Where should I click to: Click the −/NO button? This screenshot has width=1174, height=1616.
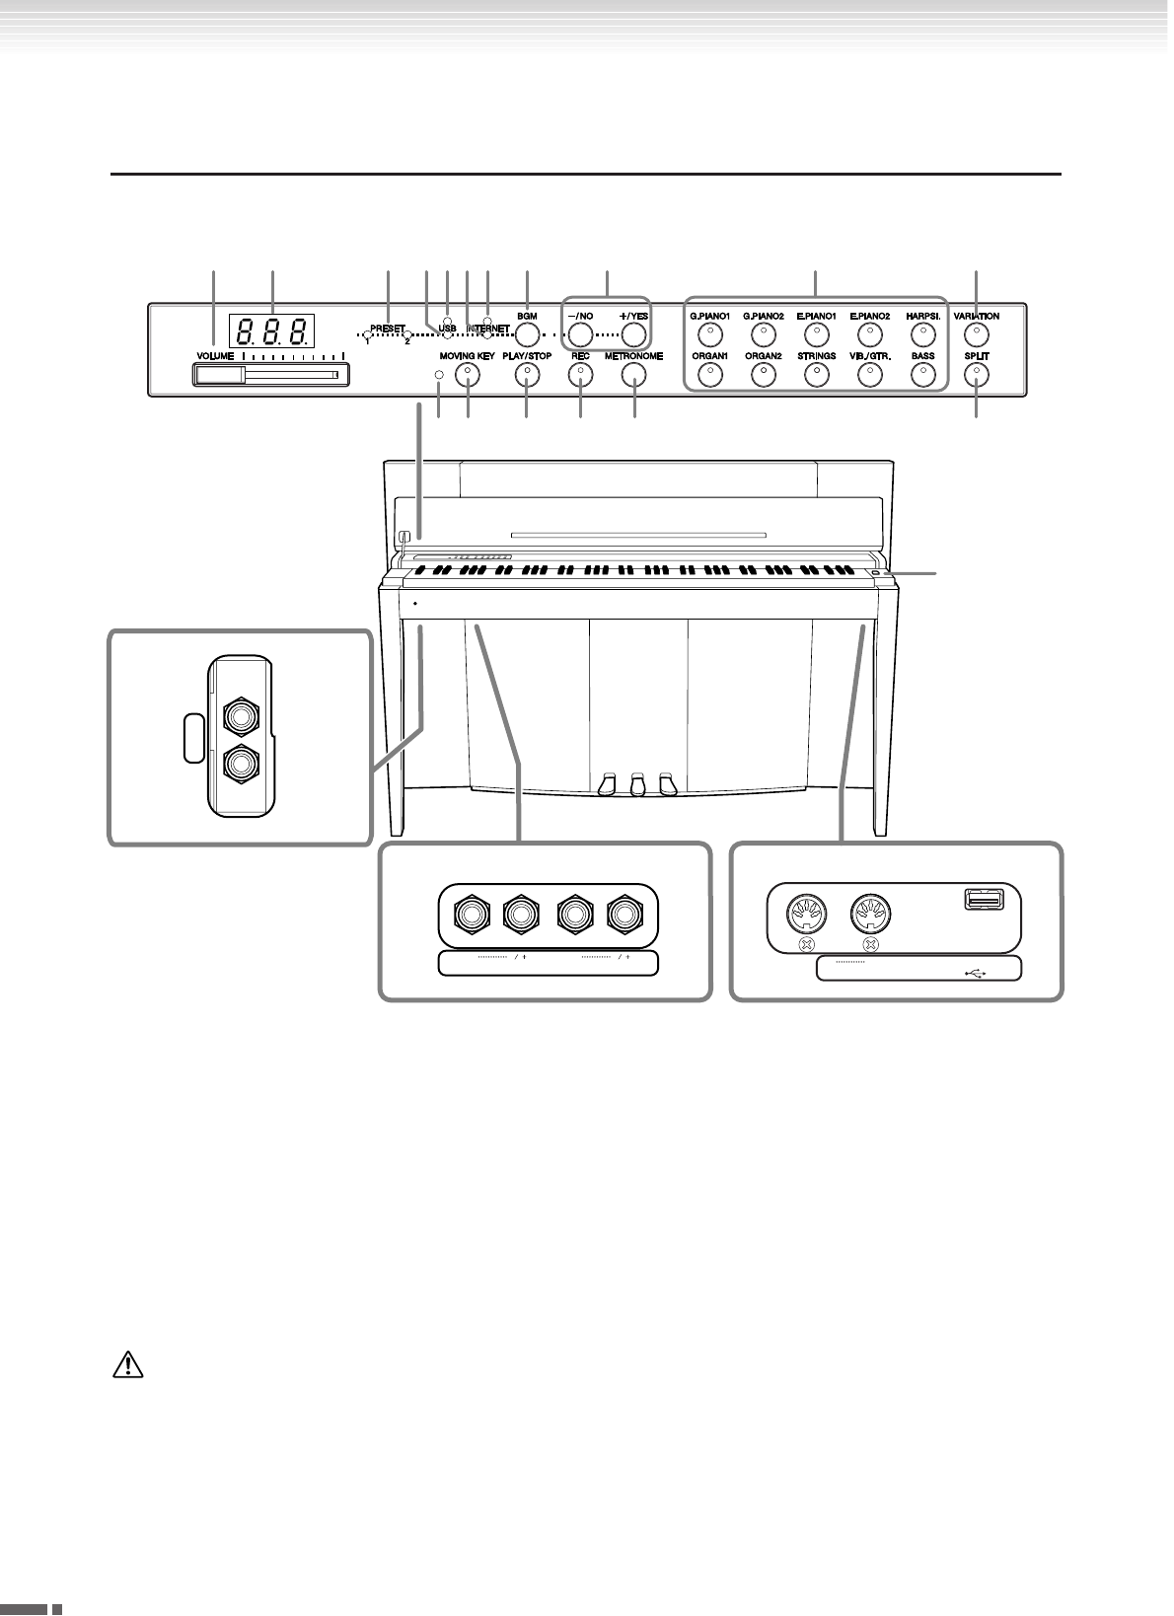coord(580,333)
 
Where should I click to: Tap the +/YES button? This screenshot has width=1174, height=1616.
coord(633,333)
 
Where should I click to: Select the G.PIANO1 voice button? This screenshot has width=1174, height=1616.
coord(709,333)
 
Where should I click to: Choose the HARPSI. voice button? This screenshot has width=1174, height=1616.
coord(922,333)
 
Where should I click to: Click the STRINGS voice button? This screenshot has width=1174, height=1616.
coord(816,374)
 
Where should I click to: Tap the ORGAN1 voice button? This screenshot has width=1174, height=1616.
coord(709,374)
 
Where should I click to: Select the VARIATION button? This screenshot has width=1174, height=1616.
coord(976,333)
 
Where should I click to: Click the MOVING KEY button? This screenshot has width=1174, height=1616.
coord(467,374)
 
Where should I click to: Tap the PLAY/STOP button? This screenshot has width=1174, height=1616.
coord(527,374)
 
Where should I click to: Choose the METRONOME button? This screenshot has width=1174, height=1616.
coord(633,374)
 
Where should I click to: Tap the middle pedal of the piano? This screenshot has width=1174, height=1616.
coord(638,784)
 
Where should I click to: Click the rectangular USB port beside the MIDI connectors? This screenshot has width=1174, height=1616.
coord(983,899)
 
